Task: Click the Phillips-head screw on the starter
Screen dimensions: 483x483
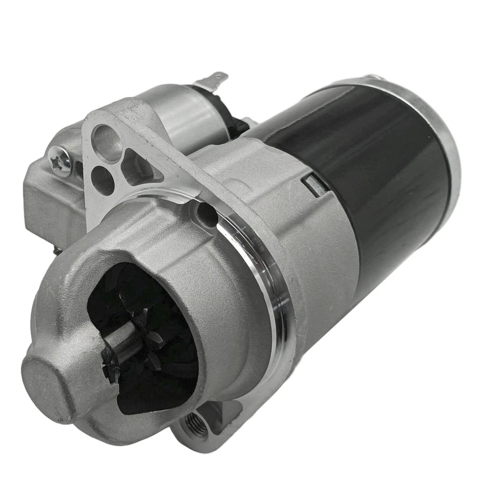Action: tap(61, 161)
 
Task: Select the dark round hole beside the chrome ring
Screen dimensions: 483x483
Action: tap(206, 214)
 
